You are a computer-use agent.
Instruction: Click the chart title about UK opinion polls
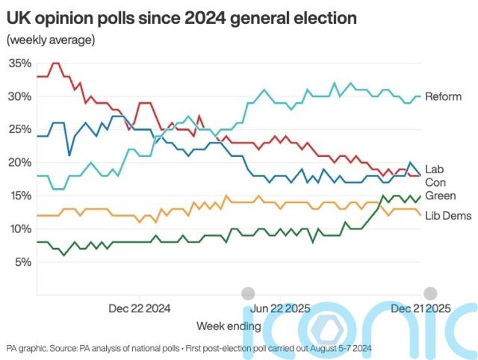(x=181, y=16)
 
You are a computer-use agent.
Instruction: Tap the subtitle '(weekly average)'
(x=50, y=40)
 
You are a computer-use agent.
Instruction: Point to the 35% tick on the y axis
(x=19, y=63)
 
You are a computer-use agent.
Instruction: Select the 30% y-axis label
(x=19, y=96)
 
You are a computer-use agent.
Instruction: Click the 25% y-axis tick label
(x=19, y=129)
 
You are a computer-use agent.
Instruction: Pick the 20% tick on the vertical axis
(x=19, y=162)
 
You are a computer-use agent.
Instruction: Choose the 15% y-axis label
(x=19, y=196)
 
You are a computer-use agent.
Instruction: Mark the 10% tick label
(x=19, y=229)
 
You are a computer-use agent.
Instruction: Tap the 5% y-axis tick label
(x=22, y=261)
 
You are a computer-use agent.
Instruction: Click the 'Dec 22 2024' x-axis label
(x=139, y=307)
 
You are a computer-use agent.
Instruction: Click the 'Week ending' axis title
(x=229, y=326)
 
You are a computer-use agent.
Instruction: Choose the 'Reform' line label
(x=443, y=97)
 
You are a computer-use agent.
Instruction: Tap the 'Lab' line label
(x=434, y=169)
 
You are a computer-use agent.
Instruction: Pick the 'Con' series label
(x=435, y=182)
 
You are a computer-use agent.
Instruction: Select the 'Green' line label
(x=439, y=196)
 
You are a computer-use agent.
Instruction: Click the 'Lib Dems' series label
(x=447, y=216)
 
